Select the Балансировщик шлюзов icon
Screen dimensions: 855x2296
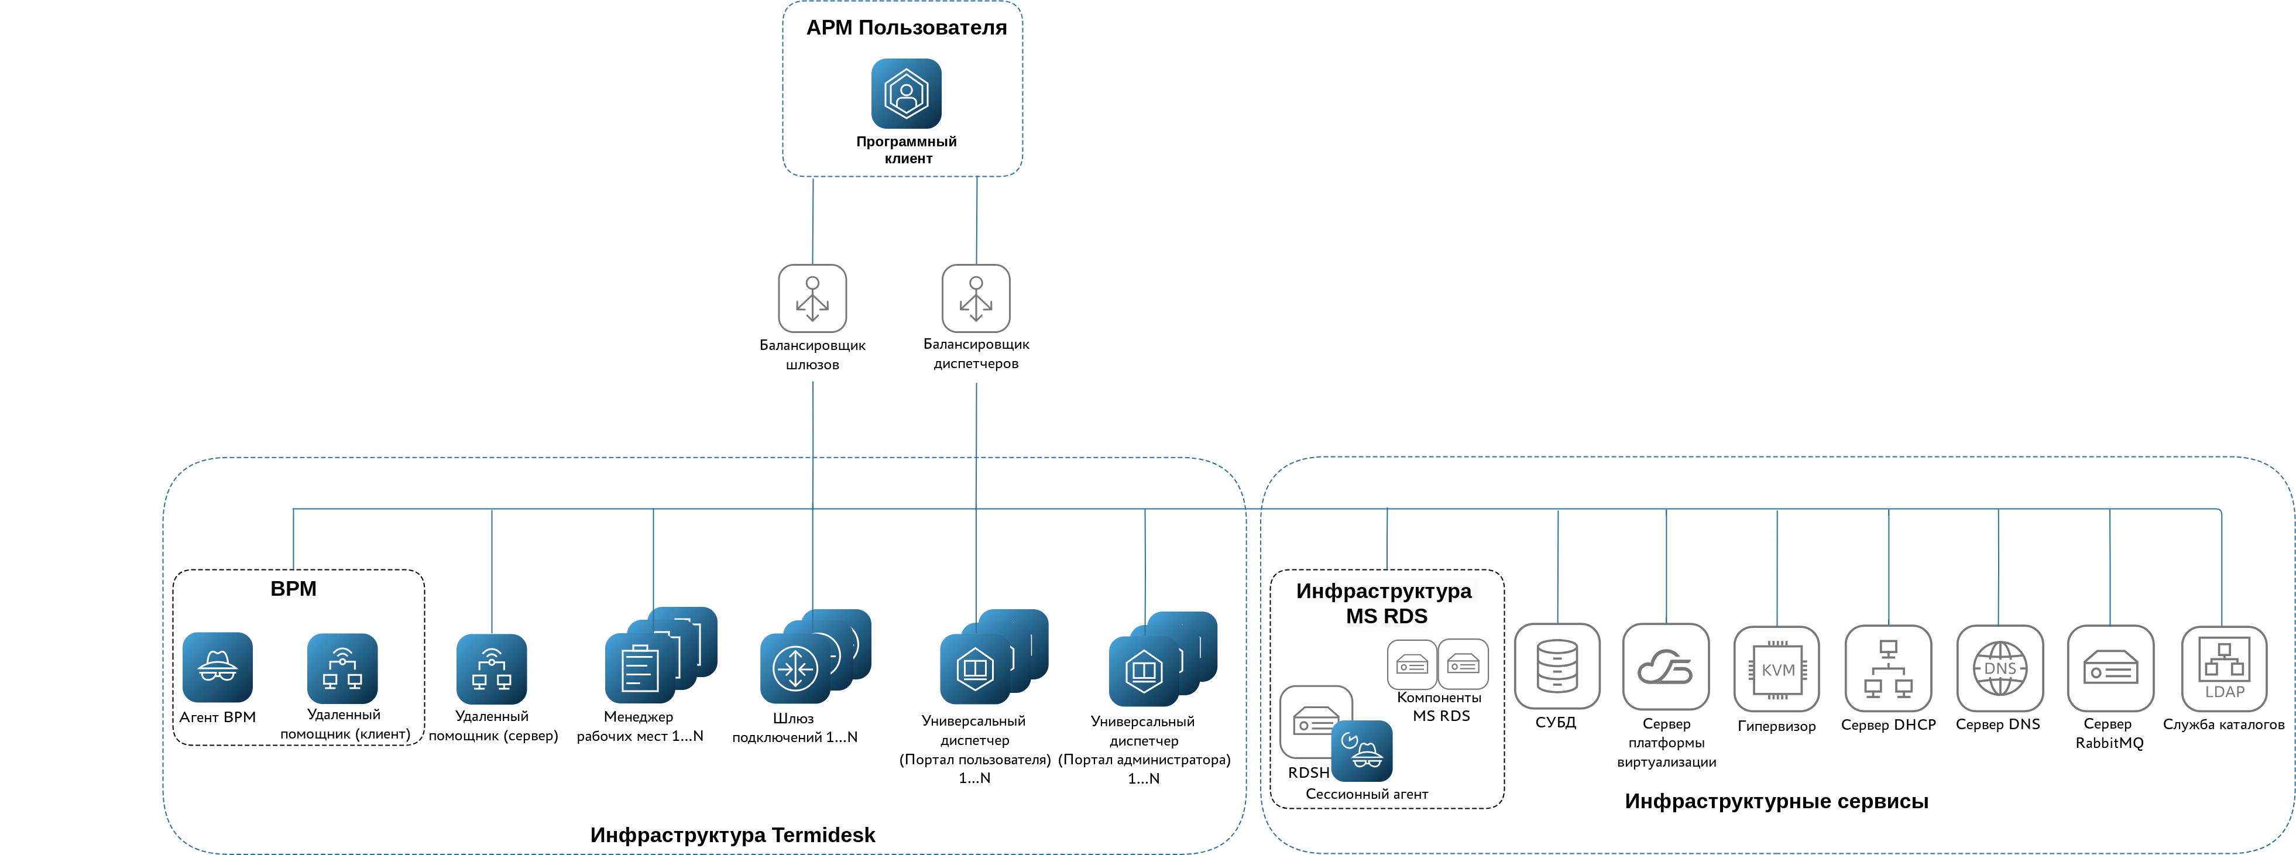pyautogui.click(x=812, y=298)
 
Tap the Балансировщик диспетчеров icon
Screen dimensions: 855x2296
pyautogui.click(x=976, y=298)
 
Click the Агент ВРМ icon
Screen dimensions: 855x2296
pyautogui.click(x=218, y=667)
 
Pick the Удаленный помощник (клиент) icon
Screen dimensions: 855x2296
pyautogui.click(x=342, y=669)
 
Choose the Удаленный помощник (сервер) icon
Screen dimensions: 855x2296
pyautogui.click(x=491, y=669)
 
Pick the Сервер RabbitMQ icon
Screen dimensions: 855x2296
pyautogui.click(x=2110, y=669)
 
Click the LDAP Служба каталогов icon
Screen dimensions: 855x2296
pyautogui.click(x=2224, y=669)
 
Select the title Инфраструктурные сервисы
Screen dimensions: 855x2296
pyautogui.click(x=1776, y=801)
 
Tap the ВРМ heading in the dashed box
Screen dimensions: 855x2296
pyautogui.click(x=293, y=588)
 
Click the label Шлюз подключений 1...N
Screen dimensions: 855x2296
pyautogui.click(x=794, y=727)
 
